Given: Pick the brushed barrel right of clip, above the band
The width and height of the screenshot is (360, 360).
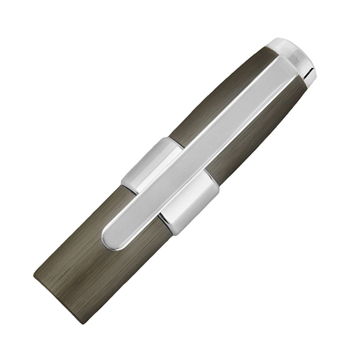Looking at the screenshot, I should tap(252, 135).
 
